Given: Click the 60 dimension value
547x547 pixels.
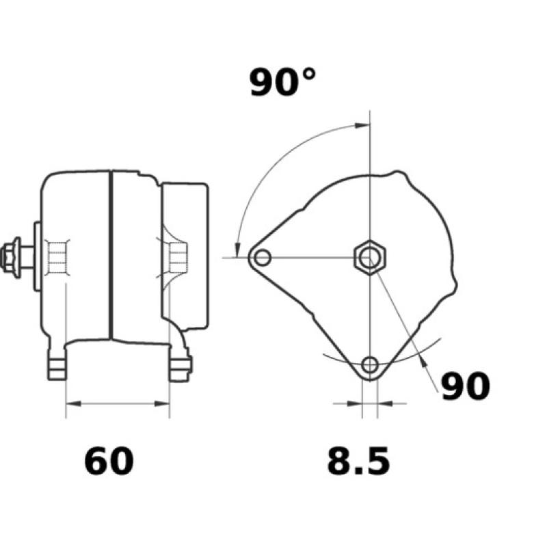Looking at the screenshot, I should tap(109, 461).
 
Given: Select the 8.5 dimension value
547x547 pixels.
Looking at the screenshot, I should tap(358, 461).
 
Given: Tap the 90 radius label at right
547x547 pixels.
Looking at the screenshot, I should tap(465, 387).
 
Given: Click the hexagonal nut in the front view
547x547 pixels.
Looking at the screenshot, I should tap(370, 258).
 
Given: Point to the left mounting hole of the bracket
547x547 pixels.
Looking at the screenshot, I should tap(261, 258).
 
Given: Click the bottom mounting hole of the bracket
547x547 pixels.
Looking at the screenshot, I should tap(370, 364).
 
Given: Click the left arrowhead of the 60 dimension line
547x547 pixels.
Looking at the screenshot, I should tap(71, 405).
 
